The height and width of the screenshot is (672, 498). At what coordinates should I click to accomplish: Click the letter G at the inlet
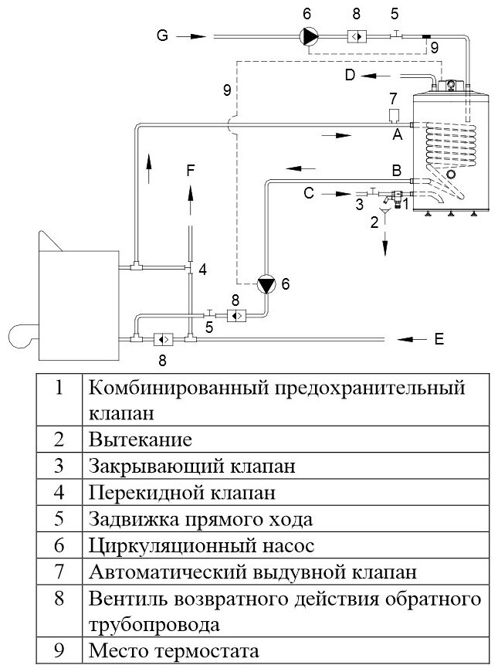tap(161, 36)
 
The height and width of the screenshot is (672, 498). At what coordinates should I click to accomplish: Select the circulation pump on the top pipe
tap(309, 36)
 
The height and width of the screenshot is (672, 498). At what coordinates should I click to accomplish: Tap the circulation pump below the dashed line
tap(266, 284)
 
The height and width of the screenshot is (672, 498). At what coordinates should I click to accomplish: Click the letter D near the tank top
tap(350, 75)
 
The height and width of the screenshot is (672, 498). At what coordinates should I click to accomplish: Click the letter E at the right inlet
tap(439, 338)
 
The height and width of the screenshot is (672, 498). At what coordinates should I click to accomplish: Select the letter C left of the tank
tap(309, 193)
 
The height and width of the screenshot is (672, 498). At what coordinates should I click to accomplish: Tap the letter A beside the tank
tap(398, 134)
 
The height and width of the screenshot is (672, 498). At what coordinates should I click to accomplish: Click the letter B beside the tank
tap(396, 169)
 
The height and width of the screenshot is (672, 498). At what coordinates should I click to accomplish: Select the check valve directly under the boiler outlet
tap(162, 339)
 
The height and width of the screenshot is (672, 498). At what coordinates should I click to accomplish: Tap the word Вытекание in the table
tap(140, 440)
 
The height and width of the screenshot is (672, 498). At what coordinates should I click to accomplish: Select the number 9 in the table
tap(59, 650)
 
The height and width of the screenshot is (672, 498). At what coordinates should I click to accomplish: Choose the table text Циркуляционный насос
tap(202, 546)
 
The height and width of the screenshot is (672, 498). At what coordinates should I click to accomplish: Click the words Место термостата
tap(174, 650)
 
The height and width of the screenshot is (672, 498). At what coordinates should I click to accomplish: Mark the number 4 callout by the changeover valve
tap(202, 270)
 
